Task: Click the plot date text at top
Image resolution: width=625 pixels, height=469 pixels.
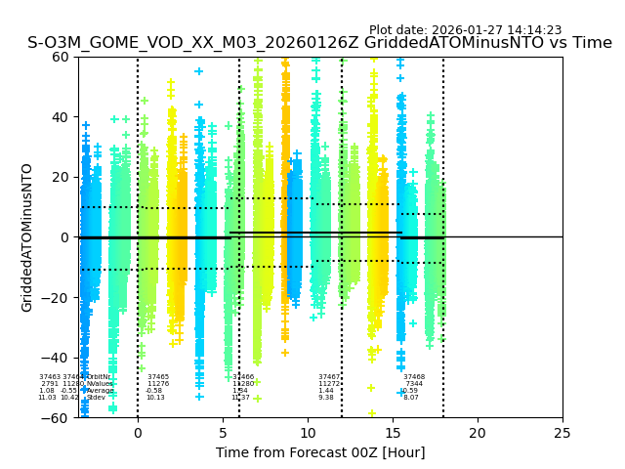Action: pyautogui.click(x=465, y=30)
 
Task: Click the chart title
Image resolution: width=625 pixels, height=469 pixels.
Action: pyautogui.click(x=319, y=43)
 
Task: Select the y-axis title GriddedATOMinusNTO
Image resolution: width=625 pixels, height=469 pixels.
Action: pyautogui.click(x=27, y=237)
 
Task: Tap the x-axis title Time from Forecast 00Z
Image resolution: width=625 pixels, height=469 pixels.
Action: pyautogui.click(x=320, y=452)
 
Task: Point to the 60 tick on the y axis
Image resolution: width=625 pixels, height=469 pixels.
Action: pyautogui.click(x=62, y=57)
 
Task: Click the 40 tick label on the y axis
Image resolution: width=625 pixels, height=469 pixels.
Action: pyautogui.click(x=62, y=117)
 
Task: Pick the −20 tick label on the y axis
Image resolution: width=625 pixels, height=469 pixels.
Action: pyautogui.click(x=58, y=298)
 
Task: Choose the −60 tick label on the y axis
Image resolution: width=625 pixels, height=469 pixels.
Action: pyautogui.click(x=58, y=418)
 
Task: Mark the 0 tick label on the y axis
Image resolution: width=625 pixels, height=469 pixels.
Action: pyautogui.click(x=65, y=237)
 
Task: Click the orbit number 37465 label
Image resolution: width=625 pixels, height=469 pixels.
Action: pyautogui.click(x=157, y=377)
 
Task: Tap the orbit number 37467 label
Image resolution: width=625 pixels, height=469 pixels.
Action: pyautogui.click(x=329, y=377)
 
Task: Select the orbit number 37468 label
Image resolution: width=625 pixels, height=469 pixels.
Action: pyautogui.click(x=414, y=377)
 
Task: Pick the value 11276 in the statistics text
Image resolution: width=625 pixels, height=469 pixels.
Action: pyautogui.click(x=158, y=384)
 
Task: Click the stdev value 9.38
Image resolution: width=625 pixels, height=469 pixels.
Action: pyautogui.click(x=325, y=398)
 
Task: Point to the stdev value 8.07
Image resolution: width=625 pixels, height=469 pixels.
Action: pyautogui.click(x=410, y=398)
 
